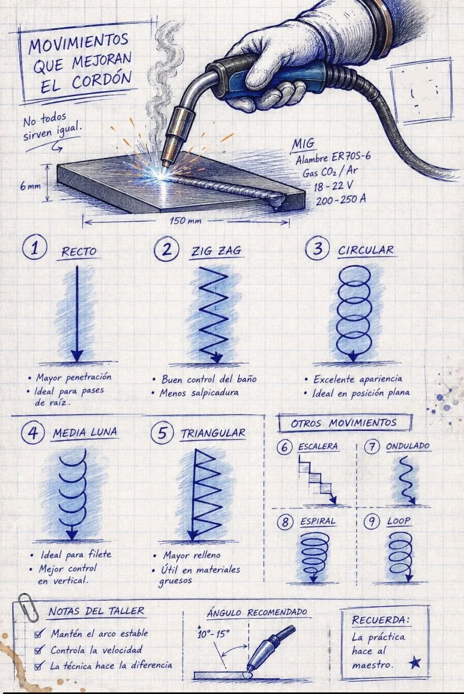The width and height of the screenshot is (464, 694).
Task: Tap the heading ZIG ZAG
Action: coord(216,251)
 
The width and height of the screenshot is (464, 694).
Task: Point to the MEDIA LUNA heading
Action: coord(85,432)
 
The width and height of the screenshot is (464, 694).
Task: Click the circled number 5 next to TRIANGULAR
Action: coord(163,433)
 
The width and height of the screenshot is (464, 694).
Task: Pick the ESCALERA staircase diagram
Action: coord(318,480)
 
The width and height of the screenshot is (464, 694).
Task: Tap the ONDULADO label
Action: coord(408,446)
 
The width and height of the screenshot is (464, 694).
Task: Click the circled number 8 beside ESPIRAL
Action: coord(286,522)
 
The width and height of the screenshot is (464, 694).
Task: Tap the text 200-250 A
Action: coord(341,199)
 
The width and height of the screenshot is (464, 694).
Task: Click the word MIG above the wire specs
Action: coord(303,144)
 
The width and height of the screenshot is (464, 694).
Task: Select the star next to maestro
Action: coord(414,663)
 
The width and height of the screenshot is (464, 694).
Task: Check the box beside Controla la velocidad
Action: coord(39,650)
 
